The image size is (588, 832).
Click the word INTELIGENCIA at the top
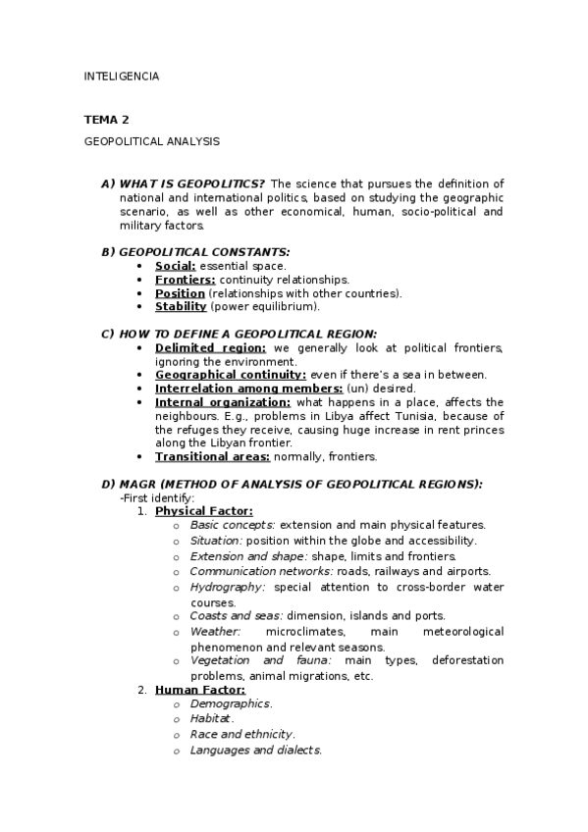[121, 76]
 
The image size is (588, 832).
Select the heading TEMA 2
[106, 120]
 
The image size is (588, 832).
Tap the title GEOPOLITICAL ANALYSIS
[151, 141]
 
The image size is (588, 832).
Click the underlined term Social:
[176, 266]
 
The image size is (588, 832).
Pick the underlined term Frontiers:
[185, 280]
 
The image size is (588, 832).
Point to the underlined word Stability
[181, 307]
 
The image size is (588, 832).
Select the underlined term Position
[180, 293]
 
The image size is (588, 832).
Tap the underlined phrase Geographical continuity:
[231, 375]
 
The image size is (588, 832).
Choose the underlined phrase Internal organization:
[223, 402]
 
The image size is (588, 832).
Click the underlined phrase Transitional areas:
[210, 456]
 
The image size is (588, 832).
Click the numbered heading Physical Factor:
[203, 511]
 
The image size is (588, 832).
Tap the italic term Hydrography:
[228, 588]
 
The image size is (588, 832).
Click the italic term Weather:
[215, 632]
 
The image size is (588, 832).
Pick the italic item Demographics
[231, 703]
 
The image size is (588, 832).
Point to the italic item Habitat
[212, 719]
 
